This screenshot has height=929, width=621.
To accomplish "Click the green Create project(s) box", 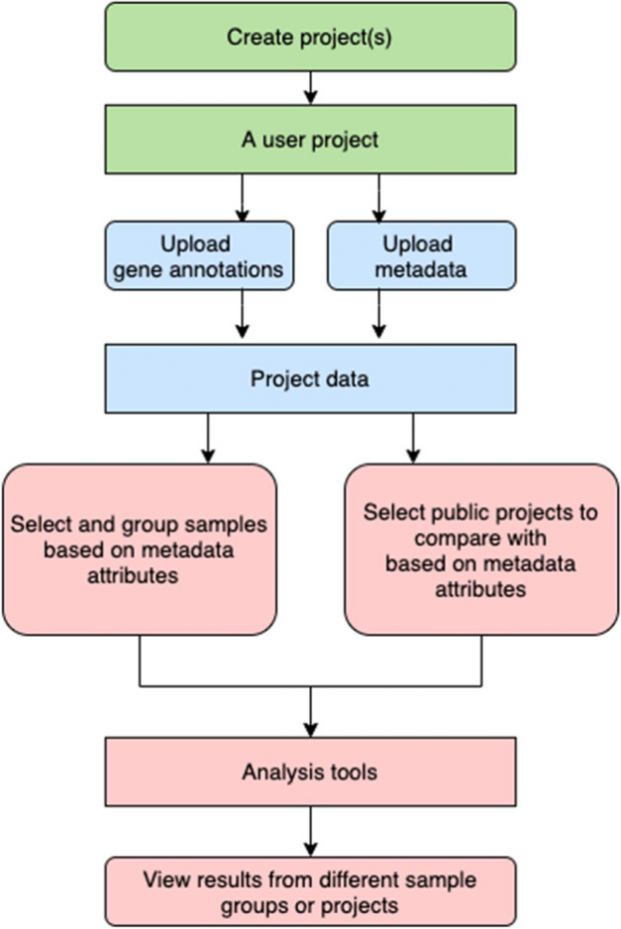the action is point(311,37).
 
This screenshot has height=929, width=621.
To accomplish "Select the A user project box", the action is point(311,140).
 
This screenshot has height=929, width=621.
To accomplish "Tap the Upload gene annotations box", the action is point(199,256).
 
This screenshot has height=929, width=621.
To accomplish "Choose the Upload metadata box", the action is point(421,256).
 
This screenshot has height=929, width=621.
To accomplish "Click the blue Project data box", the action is point(311,378).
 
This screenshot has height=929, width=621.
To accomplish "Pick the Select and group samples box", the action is point(140,550).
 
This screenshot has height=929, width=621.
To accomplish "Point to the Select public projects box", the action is point(481,550).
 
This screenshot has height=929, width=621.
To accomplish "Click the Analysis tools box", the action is point(311,772).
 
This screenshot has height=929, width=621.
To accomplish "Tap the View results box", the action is point(311,891).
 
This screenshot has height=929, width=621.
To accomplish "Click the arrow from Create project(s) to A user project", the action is point(311,88).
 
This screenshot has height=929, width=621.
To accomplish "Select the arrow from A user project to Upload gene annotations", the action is point(242,198).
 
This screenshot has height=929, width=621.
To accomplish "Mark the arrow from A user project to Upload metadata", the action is point(379,198).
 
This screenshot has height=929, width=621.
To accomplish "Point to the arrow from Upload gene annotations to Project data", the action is point(242,314).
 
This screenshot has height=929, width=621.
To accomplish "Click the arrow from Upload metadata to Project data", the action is point(379,314).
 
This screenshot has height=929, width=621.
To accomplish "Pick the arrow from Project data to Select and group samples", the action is point(208,439).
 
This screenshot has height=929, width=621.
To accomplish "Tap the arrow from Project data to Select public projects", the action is point(414,439).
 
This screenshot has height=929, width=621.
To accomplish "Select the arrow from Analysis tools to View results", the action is point(311,831).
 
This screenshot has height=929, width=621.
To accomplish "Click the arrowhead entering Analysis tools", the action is point(311,729).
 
